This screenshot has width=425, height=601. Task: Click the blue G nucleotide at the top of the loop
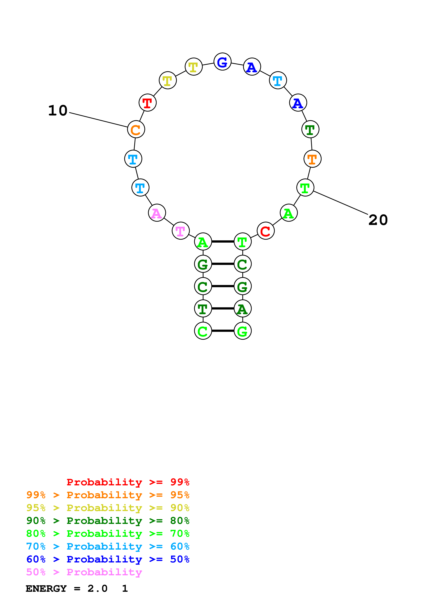pyautogui.click(x=222, y=62)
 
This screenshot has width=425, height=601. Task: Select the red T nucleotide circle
pyautogui.click(x=147, y=103)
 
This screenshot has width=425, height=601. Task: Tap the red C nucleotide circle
pyautogui.click(x=266, y=231)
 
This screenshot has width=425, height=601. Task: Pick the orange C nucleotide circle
pyautogui.click(x=136, y=129)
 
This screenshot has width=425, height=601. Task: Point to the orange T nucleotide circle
pyautogui.click(x=312, y=159)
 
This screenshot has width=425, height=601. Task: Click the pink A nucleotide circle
pyautogui.click(x=157, y=213)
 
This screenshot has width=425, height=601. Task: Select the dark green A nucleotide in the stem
pyautogui.click(x=242, y=308)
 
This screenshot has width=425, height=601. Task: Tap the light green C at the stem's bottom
pyautogui.click(x=203, y=331)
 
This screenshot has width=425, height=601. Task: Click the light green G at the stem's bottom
pyautogui.click(x=242, y=331)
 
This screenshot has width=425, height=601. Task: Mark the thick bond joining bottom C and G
pyautogui.click(x=223, y=331)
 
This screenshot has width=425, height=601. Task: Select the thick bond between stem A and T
pyautogui.click(x=223, y=241)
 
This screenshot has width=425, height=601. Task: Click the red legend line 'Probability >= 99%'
pyautogui.click(x=128, y=482)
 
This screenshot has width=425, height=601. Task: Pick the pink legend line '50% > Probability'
pyautogui.click(x=84, y=572)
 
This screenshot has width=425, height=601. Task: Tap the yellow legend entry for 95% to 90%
pyautogui.click(x=108, y=508)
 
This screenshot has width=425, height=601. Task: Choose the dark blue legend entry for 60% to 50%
pyautogui.click(x=108, y=559)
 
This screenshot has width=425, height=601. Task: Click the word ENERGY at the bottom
pyautogui.click(x=46, y=588)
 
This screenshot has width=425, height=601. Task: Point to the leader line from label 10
pyautogui.click(x=98, y=120)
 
